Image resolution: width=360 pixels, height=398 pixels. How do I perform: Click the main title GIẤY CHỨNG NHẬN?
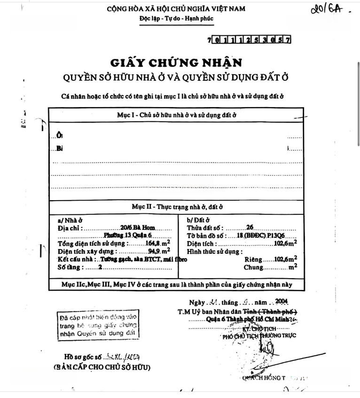tap(176, 63)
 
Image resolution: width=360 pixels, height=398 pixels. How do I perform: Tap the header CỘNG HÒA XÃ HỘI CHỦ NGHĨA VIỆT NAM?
tap(176, 9)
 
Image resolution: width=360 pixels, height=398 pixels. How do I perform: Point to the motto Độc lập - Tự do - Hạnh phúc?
tap(176, 19)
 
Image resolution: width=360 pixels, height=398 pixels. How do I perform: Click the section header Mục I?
tap(176, 115)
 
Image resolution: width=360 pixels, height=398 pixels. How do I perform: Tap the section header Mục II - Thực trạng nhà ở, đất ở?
tap(176, 207)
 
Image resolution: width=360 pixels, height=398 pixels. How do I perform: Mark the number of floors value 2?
tap(100, 267)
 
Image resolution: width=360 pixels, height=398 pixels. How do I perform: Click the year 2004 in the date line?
tap(281, 301)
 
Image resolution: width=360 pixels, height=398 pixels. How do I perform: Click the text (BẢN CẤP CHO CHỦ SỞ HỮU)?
tap(102, 367)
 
